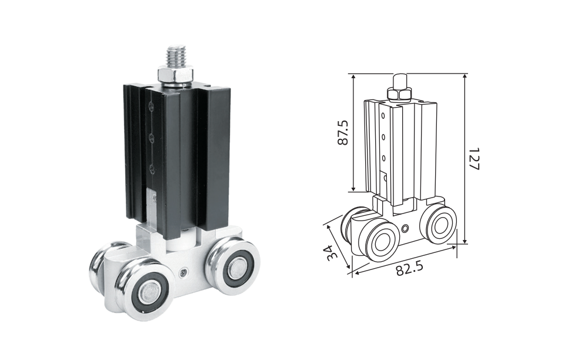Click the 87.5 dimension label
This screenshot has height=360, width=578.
[343, 132]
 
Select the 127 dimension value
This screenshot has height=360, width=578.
[474, 159]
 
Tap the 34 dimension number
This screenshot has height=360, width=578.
[332, 252]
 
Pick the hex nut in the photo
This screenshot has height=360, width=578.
[175, 75]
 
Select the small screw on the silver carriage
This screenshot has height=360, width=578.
[183, 273]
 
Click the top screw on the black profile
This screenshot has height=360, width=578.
[151, 106]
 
